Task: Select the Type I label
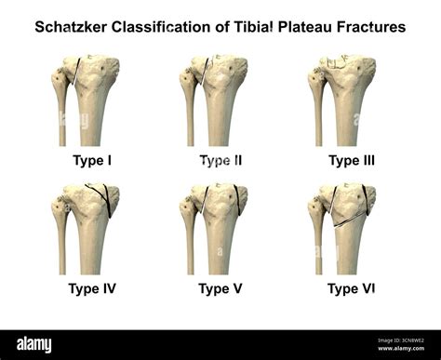click(92, 160)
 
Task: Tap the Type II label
click(220, 160)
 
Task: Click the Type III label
click(351, 160)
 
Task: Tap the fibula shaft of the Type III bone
click(318, 121)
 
